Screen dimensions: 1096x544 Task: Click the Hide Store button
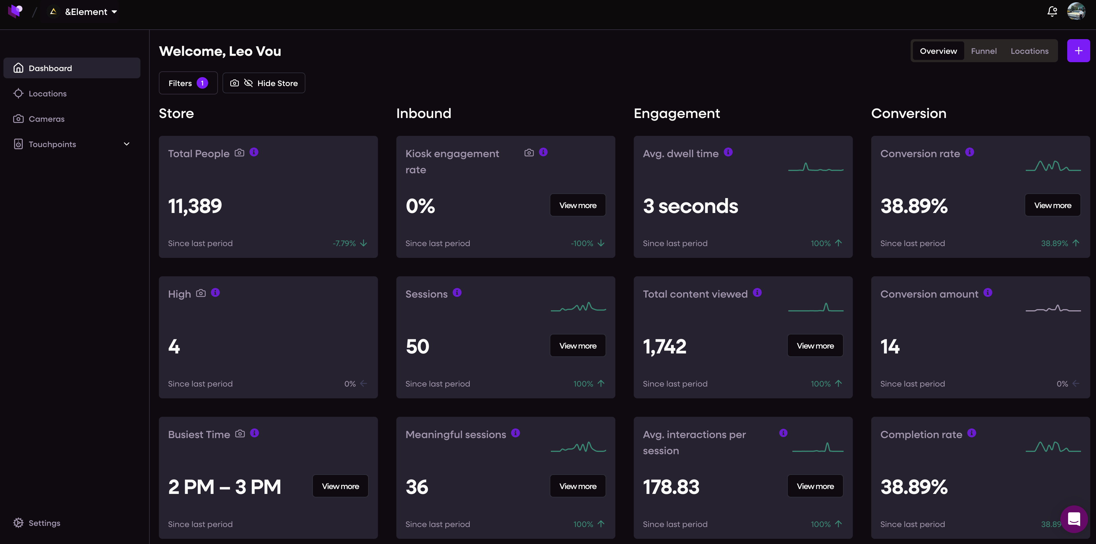(x=264, y=83)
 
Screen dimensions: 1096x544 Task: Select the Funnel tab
(x=984, y=51)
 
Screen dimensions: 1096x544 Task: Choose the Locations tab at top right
(x=1030, y=51)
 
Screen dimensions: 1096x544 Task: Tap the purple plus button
(x=1078, y=51)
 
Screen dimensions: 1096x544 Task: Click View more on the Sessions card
(x=578, y=345)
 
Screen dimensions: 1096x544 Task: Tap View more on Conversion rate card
(x=1053, y=205)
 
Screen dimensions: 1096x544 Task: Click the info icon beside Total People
(x=254, y=152)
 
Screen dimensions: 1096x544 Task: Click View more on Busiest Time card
(x=340, y=486)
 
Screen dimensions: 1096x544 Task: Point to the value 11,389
(x=195, y=206)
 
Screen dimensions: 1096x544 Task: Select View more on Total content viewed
(x=815, y=345)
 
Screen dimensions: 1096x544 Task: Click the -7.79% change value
(x=344, y=243)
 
